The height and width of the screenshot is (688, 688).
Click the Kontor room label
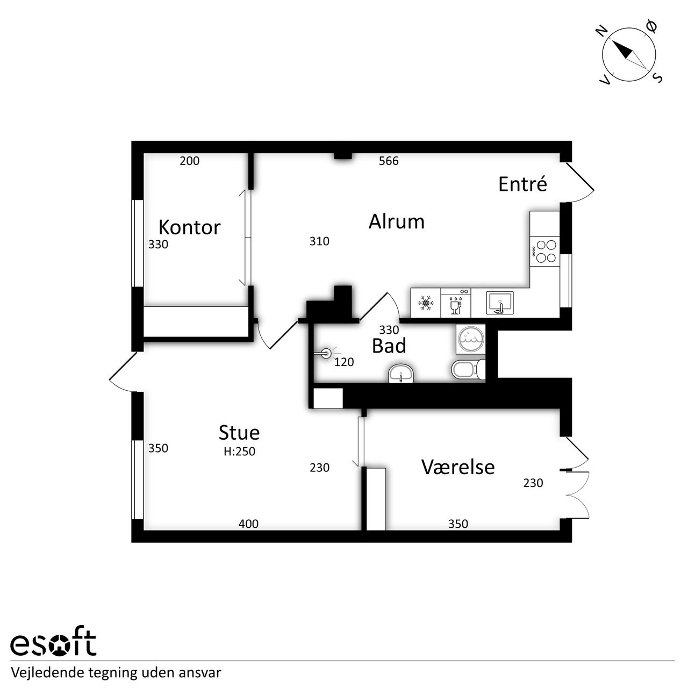coord(190,227)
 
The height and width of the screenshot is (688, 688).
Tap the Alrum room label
coord(396,221)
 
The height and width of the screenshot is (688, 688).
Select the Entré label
coord(522,184)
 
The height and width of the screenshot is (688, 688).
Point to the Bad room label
coord(389,346)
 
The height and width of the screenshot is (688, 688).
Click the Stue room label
coord(239,432)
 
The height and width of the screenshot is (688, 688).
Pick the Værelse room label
coord(458,467)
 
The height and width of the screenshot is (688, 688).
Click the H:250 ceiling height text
coord(239,451)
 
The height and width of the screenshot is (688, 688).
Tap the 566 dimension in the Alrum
coord(389,161)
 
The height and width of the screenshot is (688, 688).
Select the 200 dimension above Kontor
coord(189,161)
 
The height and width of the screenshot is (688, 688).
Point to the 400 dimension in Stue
coord(248,524)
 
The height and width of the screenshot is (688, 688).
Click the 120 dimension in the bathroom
coord(344,362)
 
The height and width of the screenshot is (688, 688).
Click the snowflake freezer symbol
coord(426,303)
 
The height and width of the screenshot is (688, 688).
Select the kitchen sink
coord(500,303)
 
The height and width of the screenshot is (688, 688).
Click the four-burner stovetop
coord(544,252)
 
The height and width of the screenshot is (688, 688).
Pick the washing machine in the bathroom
coord(471,339)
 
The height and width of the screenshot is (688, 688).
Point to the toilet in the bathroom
coord(468,369)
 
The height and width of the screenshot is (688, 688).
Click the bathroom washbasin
coord(400,374)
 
